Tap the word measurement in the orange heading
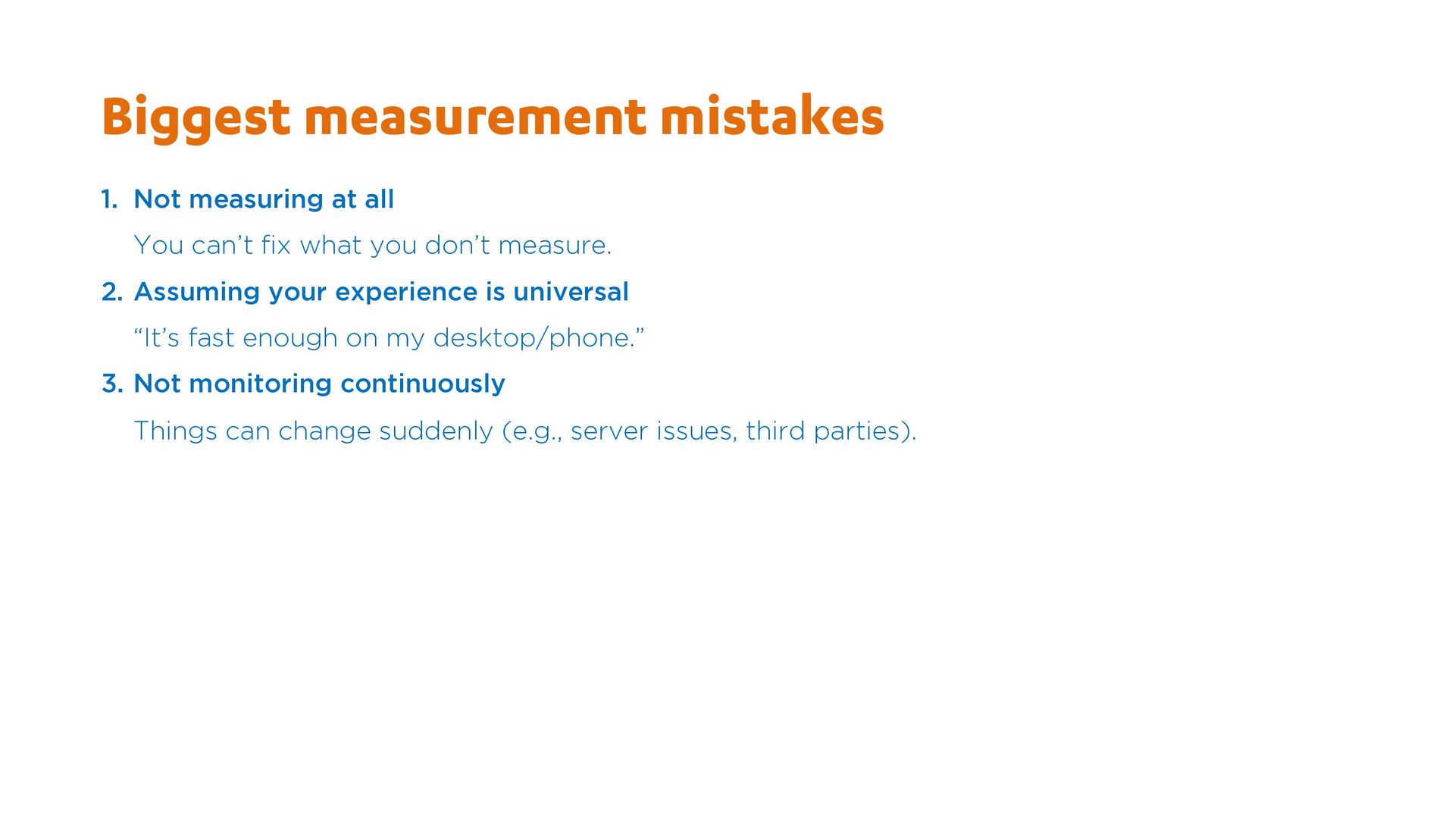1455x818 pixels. (475, 118)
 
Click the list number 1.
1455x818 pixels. (109, 199)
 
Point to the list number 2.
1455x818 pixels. (112, 292)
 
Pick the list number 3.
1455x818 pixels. (112, 384)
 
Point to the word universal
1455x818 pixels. (571, 292)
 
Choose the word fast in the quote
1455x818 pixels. (211, 337)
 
